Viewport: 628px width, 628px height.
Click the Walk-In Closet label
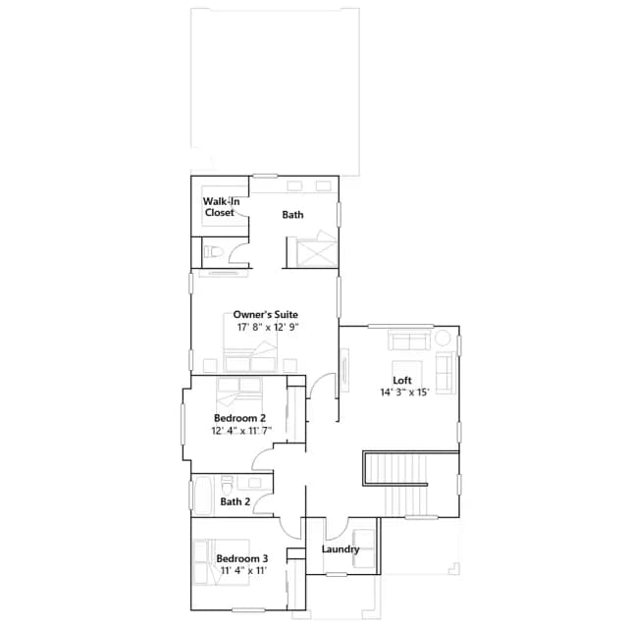[221, 207]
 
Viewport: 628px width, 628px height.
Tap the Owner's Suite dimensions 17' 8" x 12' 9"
[268, 327]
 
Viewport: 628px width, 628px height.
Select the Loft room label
[402, 381]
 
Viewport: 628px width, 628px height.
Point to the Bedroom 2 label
[239, 418]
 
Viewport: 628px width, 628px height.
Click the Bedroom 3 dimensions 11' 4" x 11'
[244, 571]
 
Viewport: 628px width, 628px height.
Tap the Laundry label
[340, 549]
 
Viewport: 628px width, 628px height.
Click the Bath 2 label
[235, 501]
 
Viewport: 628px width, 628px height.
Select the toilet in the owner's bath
[213, 252]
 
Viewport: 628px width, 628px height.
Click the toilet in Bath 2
[227, 485]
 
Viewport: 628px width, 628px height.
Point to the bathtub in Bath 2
[202, 496]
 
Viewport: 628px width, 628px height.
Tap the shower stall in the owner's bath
[317, 252]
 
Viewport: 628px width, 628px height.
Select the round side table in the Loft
[443, 338]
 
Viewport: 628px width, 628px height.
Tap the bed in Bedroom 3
[221, 561]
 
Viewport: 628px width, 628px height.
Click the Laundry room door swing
[337, 529]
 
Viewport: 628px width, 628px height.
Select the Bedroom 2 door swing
[262, 457]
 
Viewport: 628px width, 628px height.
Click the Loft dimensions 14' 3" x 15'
[404, 392]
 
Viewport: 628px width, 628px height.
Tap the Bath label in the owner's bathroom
[292, 215]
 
